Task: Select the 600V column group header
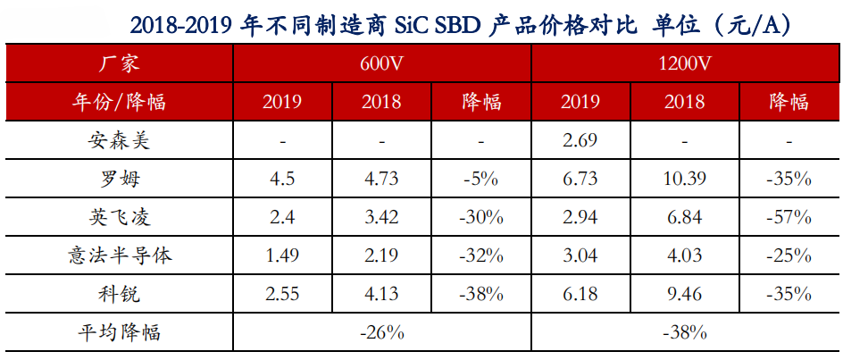(x=381, y=64)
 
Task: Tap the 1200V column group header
(x=685, y=64)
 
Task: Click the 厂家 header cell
(x=118, y=64)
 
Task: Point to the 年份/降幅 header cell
(x=118, y=102)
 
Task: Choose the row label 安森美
(x=118, y=140)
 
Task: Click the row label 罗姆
(x=118, y=179)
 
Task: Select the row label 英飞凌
(x=118, y=217)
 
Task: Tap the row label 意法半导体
(x=118, y=255)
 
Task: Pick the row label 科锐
(x=118, y=294)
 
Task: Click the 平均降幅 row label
(x=118, y=333)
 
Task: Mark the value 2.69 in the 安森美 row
(x=580, y=140)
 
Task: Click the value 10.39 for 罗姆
(x=685, y=179)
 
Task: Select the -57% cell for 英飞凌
(x=789, y=217)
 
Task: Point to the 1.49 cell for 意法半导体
(x=282, y=255)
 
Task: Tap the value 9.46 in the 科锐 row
(x=685, y=294)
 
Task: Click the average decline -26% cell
(x=381, y=333)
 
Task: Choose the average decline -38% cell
(x=685, y=333)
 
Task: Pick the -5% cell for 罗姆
(x=483, y=179)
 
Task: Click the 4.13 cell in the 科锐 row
(x=381, y=294)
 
